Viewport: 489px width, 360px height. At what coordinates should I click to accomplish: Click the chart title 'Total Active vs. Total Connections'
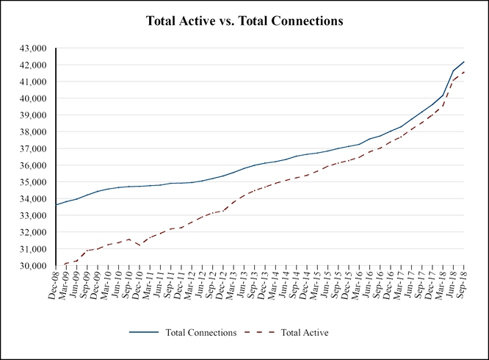click(245, 22)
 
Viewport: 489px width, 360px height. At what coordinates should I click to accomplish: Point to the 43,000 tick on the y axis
click(32, 48)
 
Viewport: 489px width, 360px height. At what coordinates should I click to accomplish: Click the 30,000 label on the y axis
click(32, 266)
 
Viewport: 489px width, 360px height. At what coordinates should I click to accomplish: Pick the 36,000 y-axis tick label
click(32, 165)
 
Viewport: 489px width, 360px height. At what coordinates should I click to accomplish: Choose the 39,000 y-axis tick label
click(32, 115)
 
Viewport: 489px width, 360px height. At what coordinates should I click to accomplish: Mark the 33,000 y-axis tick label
click(32, 215)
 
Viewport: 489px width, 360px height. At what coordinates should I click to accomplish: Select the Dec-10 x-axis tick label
click(137, 284)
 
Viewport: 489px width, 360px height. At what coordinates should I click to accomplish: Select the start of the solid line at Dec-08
click(57, 205)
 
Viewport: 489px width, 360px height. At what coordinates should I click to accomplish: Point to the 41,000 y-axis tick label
click(32, 82)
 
